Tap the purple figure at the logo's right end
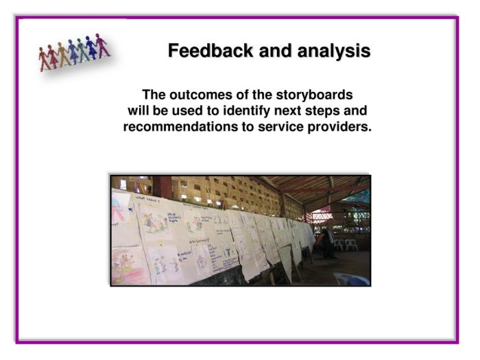[101, 45]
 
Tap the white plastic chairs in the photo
[344, 243]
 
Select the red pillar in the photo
[162, 187]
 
